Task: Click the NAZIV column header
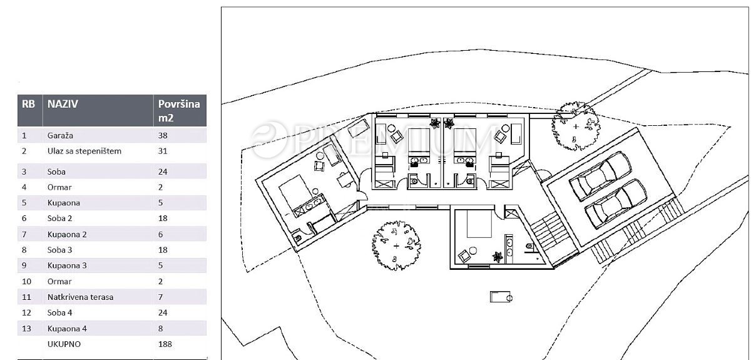(x=63, y=104)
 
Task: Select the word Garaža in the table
(x=60, y=135)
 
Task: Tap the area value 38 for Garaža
(x=163, y=135)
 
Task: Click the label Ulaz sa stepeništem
(x=84, y=151)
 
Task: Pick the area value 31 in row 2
(x=163, y=151)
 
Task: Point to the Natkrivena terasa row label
(x=81, y=297)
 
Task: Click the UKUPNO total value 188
(x=165, y=344)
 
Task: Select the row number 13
(x=26, y=329)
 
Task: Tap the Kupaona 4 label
(x=67, y=329)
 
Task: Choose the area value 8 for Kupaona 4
(x=161, y=329)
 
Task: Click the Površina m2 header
(x=179, y=111)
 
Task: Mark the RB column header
(x=29, y=104)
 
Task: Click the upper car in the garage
(x=600, y=176)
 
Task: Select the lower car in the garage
(x=616, y=203)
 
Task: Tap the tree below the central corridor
(x=396, y=245)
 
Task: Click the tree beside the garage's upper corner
(x=576, y=126)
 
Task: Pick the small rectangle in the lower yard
(x=501, y=297)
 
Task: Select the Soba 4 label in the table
(x=59, y=312)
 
